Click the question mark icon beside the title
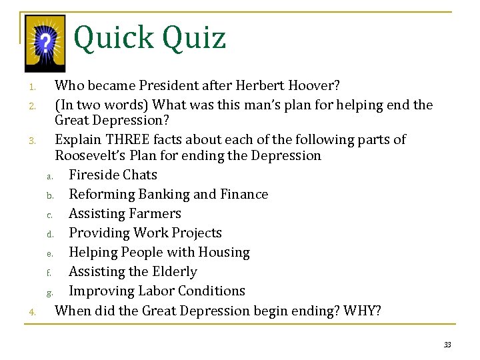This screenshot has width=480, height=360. [x=45, y=43]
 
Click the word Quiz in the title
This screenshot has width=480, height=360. [x=196, y=38]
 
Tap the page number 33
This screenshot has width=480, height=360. [x=447, y=344]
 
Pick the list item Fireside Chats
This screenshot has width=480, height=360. [x=113, y=175]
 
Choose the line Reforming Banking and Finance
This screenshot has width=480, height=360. [x=169, y=194]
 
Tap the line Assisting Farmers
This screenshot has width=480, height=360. [x=125, y=213]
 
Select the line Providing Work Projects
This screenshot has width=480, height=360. [x=145, y=233]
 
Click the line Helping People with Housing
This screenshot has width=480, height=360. [x=159, y=252]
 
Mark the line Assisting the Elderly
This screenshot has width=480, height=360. [x=133, y=271]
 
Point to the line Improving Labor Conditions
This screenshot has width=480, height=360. [x=157, y=291]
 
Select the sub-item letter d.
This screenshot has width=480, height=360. [x=49, y=234]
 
